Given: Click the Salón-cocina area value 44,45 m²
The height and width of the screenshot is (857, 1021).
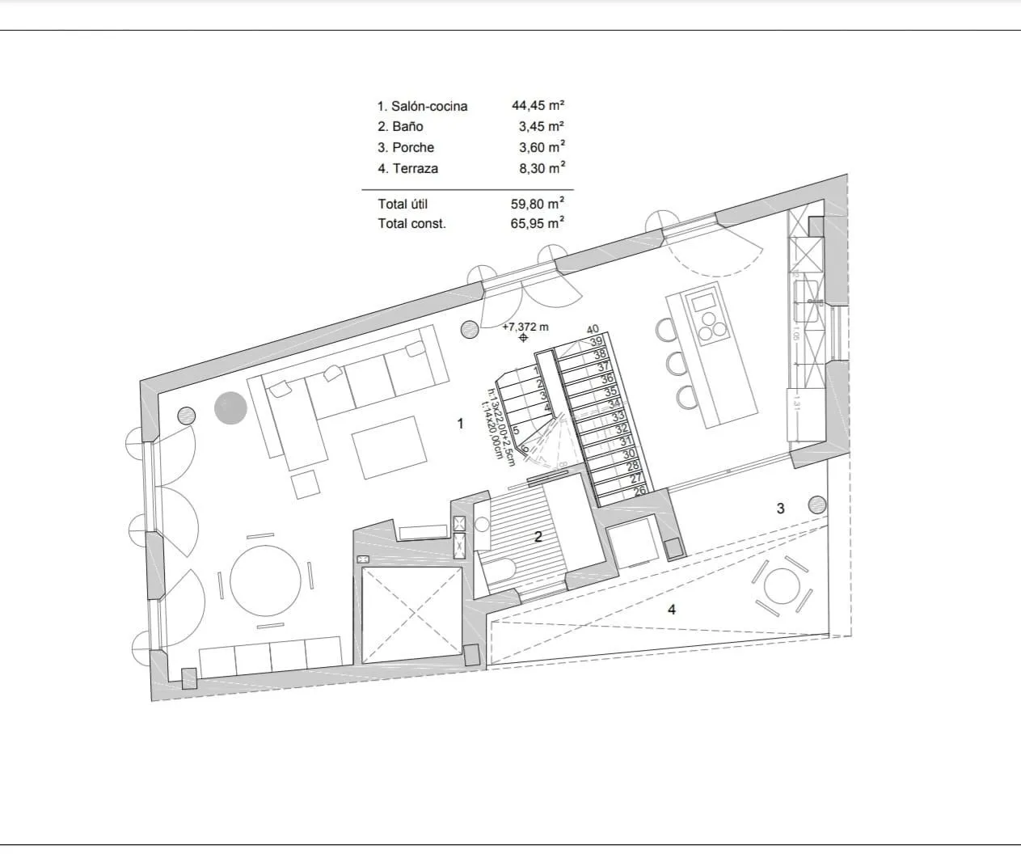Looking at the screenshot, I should pos(538,105).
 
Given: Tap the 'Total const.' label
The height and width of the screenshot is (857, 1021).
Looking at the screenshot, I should pos(411,224).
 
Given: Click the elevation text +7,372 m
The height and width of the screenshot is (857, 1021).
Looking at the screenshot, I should pos(525,327).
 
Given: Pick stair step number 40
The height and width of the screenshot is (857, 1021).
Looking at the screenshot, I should pos(593,329).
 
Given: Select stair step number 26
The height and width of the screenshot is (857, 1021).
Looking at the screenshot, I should pos(639,490).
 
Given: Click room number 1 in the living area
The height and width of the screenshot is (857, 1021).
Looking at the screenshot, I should pos(461,423).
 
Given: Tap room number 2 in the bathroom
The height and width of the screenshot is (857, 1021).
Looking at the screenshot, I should pos(538,535).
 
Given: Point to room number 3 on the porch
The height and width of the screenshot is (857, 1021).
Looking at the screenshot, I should pos(780,509).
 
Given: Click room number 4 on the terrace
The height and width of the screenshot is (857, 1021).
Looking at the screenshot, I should pos(672,610).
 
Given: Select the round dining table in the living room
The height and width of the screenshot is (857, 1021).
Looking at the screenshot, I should pos(265,580).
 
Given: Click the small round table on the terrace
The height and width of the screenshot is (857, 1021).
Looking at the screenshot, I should pos(782,585).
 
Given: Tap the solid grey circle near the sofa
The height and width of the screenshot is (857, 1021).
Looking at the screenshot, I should pos(230,407).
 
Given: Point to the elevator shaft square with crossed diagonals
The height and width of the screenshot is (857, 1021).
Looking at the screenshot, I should pos(411,614).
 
